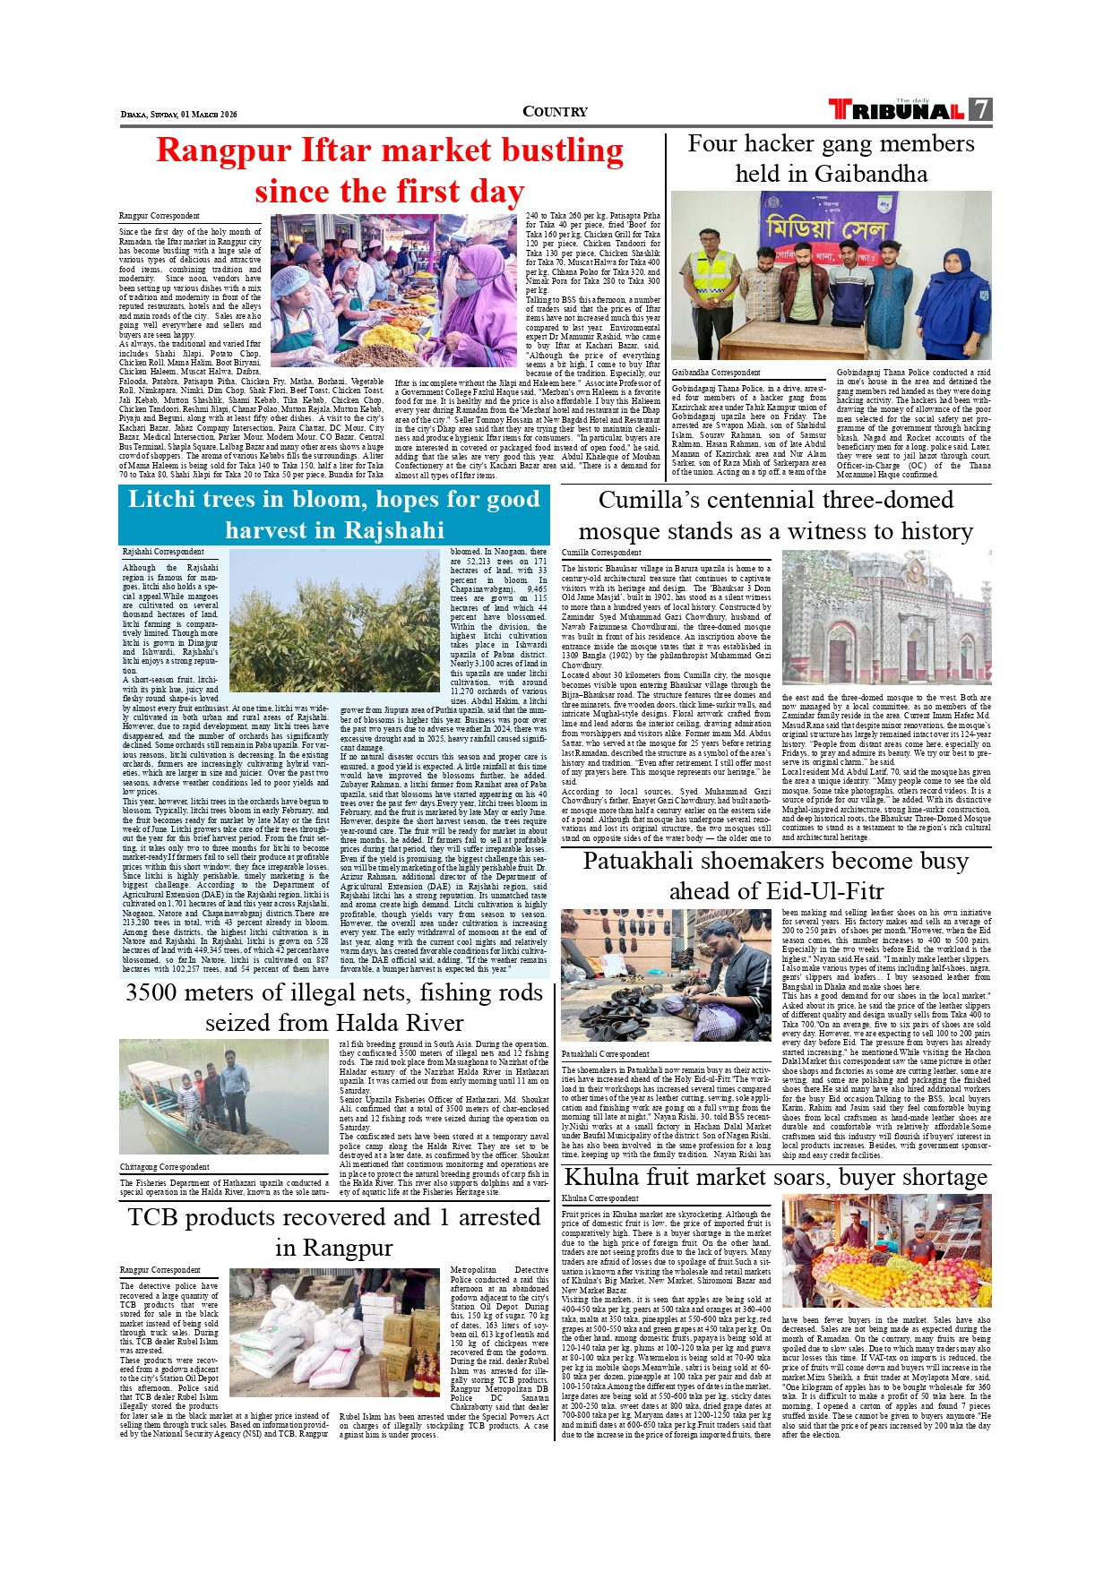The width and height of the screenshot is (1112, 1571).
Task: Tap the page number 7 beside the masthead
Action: [x=981, y=109]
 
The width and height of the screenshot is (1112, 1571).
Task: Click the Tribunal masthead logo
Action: [x=897, y=110]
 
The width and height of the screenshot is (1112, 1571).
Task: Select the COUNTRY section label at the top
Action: [x=555, y=112]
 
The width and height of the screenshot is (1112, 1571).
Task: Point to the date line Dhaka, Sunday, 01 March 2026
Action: [x=179, y=115]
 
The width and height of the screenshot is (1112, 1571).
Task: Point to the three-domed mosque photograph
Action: [x=885, y=617]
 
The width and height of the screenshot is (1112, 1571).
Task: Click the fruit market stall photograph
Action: [x=885, y=1250]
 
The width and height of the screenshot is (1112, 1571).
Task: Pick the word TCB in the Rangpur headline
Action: [x=153, y=1218]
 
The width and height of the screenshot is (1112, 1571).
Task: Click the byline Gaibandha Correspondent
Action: [x=716, y=373]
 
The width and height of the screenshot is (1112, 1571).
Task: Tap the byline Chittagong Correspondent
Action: [x=165, y=1167]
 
